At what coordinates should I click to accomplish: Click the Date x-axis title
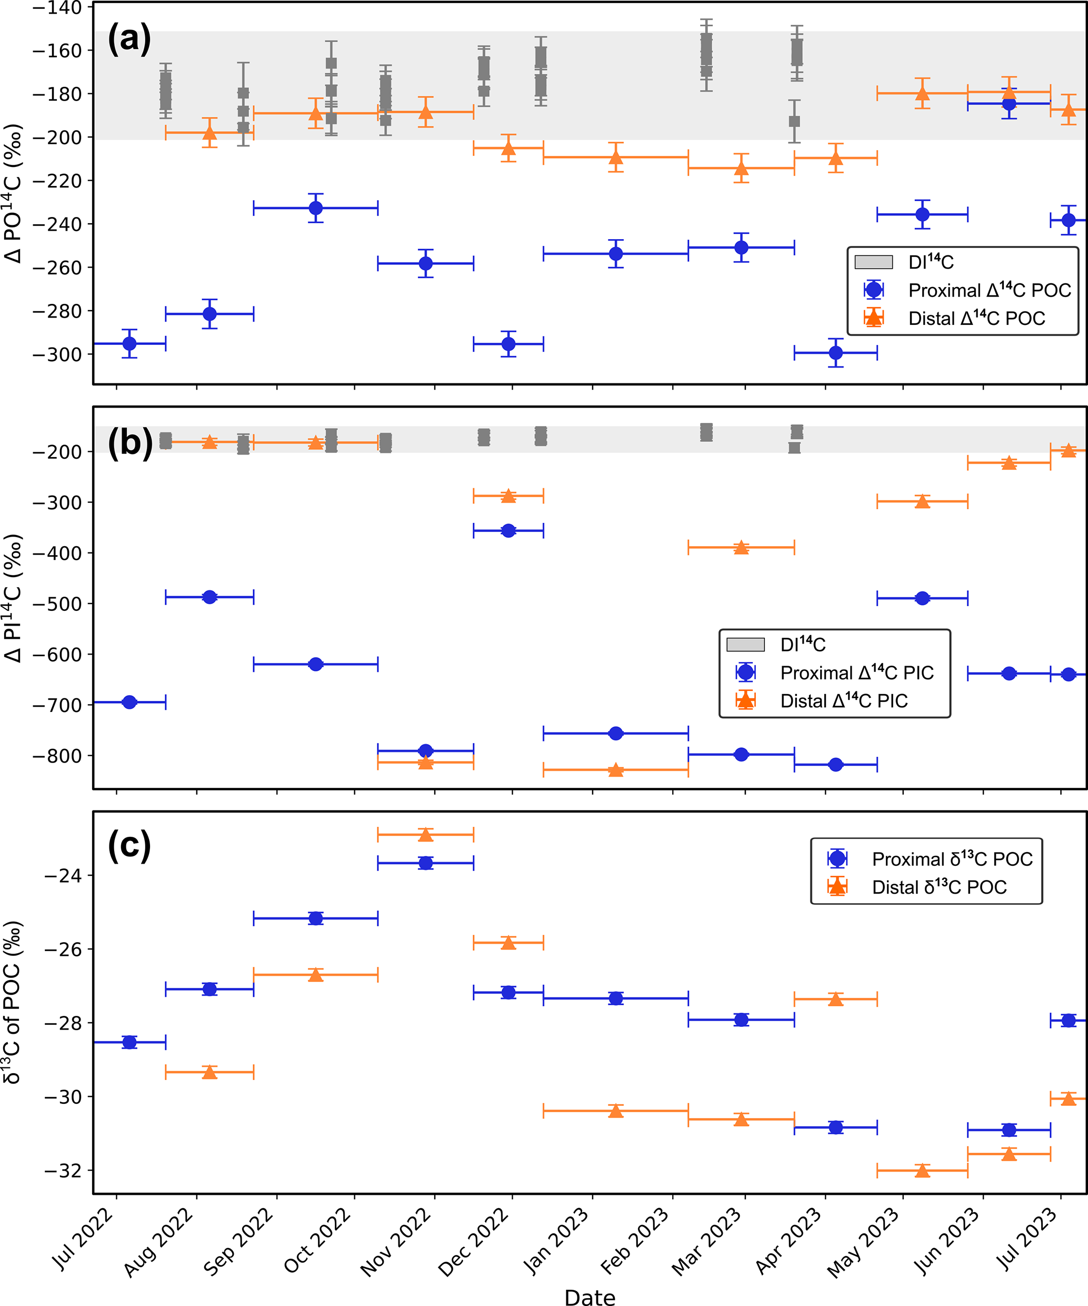pyautogui.click(x=590, y=1297)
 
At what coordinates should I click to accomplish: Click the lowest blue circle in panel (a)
pyautogui.click(x=835, y=353)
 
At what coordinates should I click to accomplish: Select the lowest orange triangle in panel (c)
pyautogui.click(x=922, y=1171)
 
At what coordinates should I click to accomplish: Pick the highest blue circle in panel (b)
pyautogui.click(x=508, y=530)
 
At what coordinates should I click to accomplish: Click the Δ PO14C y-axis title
pyautogui.click(x=14, y=193)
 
